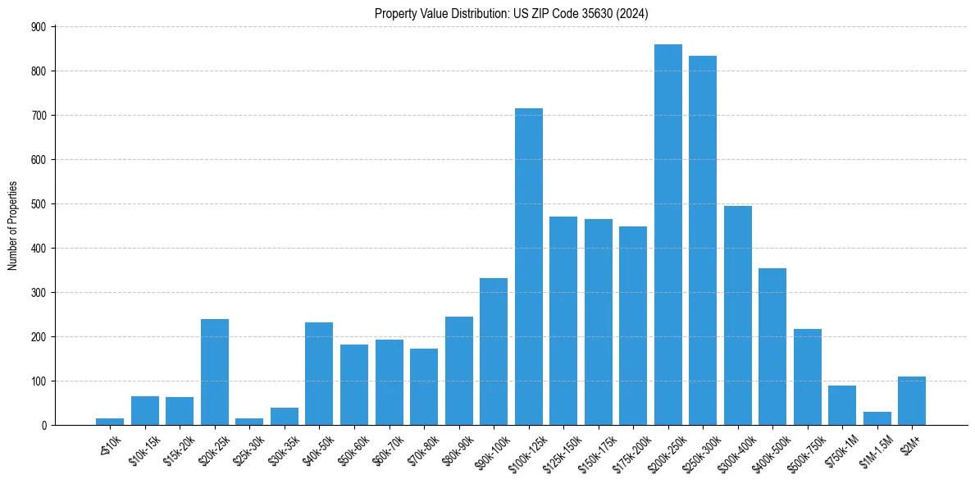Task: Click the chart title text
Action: pyautogui.click(x=511, y=14)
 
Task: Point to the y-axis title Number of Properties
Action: pyautogui.click(x=12, y=226)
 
